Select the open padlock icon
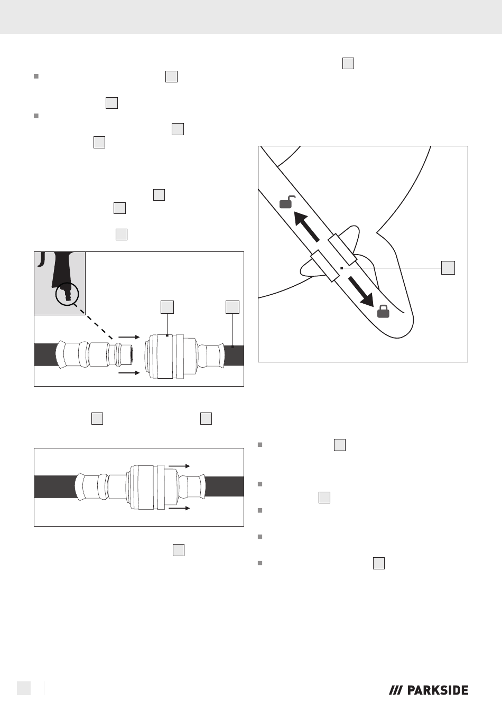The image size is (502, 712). point(287,202)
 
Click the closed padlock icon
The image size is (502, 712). point(383,311)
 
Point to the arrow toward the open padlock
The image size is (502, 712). point(306,226)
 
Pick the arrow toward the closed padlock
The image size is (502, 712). point(361,292)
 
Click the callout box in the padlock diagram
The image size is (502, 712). point(448,268)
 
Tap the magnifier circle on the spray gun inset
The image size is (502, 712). point(67,294)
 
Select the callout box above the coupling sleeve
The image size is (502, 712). point(167,307)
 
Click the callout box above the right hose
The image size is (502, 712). point(233,307)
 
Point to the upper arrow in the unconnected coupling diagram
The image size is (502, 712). point(129,337)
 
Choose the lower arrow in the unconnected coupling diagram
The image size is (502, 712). point(129,372)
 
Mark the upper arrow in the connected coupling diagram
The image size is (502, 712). point(179,466)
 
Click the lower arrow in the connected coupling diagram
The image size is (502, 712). point(179,508)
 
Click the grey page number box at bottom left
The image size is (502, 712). point(24,688)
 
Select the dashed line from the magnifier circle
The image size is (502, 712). point(94,321)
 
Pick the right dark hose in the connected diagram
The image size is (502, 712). point(224,486)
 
